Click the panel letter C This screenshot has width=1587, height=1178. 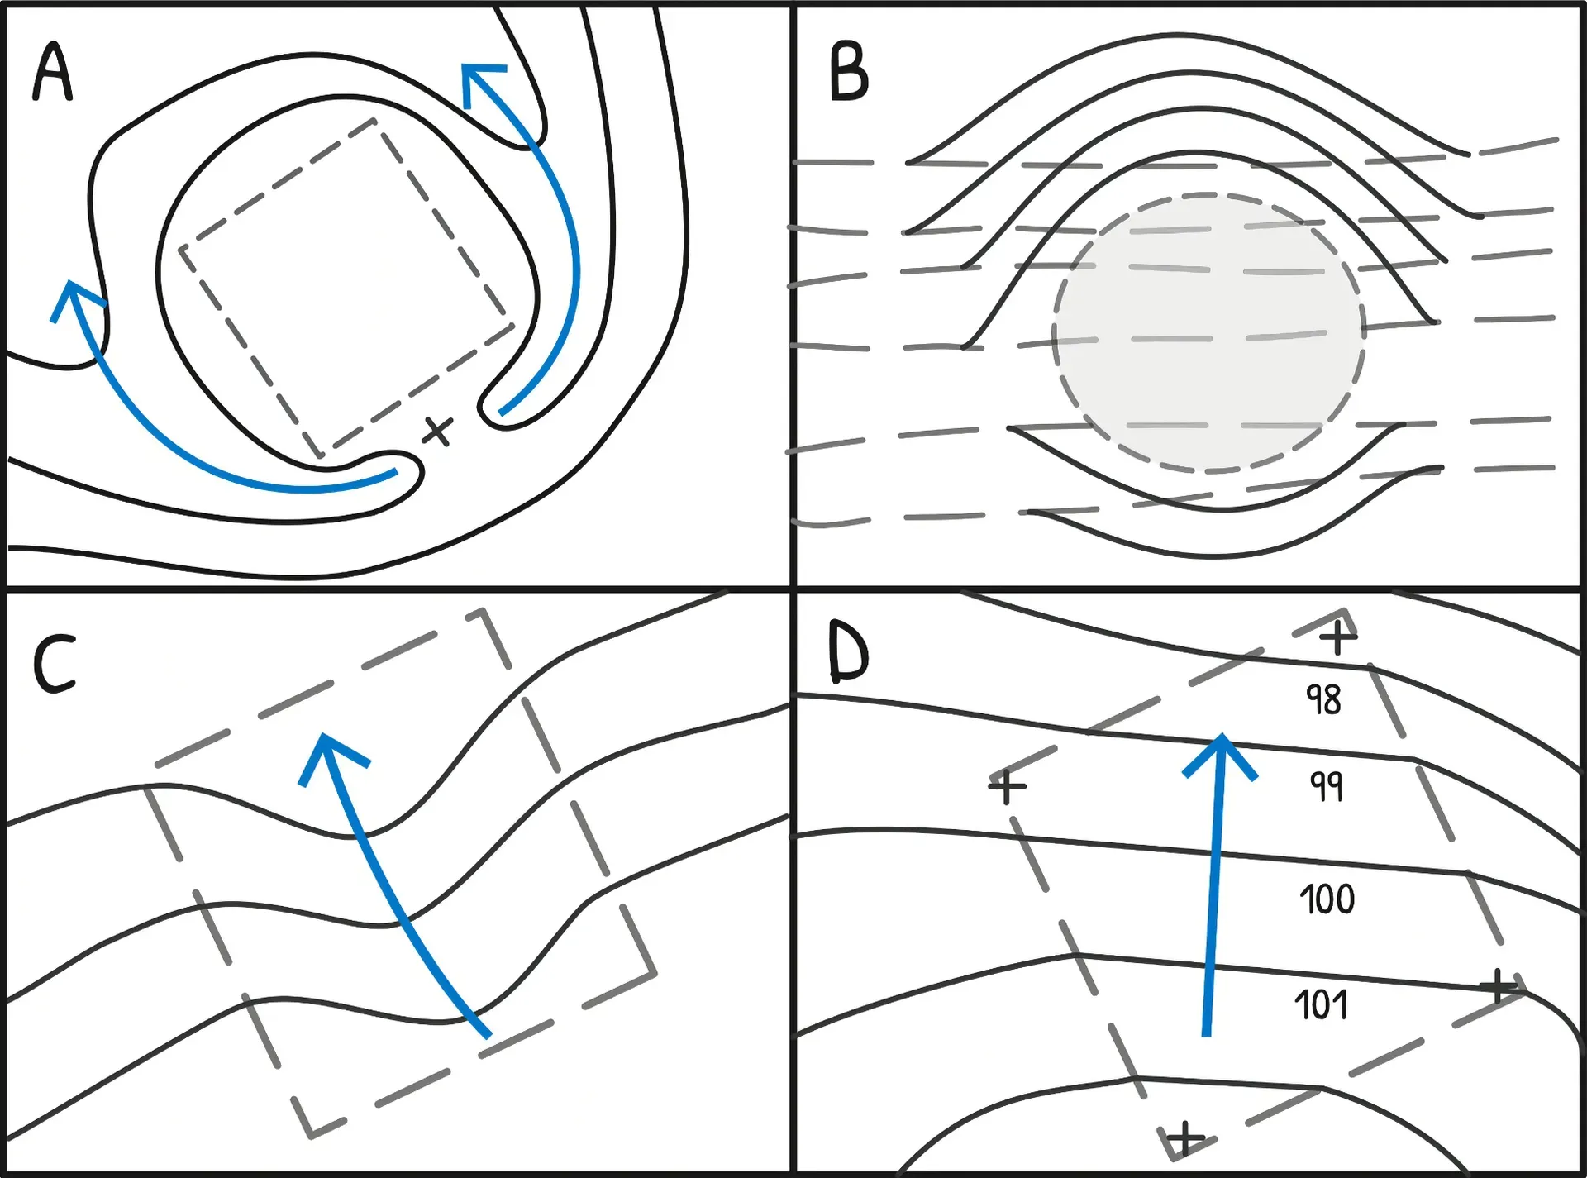pos(55,663)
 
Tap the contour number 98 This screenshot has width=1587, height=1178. pos(1323,699)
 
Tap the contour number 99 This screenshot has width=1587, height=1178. pos(1327,785)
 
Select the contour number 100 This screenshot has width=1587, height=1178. pos(1327,899)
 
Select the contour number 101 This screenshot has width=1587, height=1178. pos(1321,1005)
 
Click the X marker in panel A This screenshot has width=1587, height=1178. pos(437,431)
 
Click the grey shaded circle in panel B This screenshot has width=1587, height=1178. pos(1208,333)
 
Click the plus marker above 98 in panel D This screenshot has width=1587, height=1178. pos(1337,637)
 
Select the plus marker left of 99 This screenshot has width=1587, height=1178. pos(1007,786)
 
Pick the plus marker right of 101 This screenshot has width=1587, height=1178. pos(1498,985)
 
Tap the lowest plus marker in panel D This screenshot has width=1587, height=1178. pos(1185,1138)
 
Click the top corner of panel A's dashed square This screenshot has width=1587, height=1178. pos(374,121)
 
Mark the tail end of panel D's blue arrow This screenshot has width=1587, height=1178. pos(1207,1033)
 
